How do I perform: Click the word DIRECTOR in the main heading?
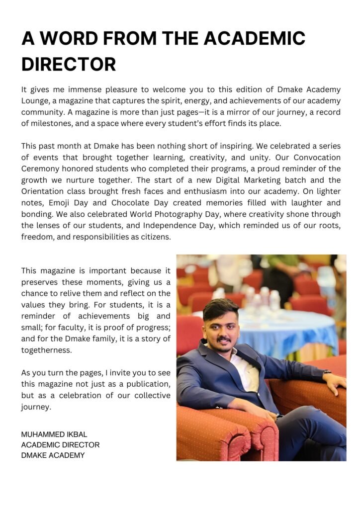[x=69, y=64]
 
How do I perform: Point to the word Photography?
[x=181, y=214]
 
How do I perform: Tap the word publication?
[x=148, y=384]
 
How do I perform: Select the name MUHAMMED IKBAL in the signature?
[x=54, y=434]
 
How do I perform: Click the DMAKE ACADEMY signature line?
[x=53, y=455]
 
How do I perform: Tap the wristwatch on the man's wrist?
[x=327, y=371]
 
